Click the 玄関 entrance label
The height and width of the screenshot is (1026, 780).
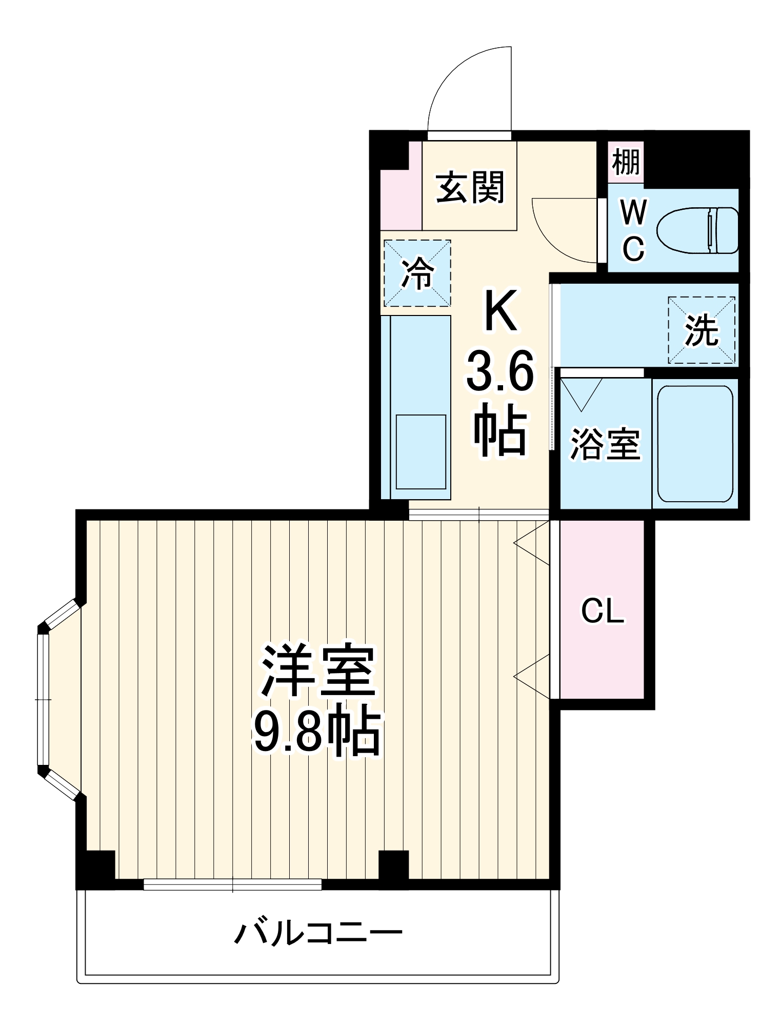point(470,188)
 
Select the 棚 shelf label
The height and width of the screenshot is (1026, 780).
point(626,161)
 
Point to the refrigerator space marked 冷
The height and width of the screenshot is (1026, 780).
point(417,273)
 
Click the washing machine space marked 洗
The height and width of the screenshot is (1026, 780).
point(701,330)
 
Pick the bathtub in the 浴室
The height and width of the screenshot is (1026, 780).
point(695,444)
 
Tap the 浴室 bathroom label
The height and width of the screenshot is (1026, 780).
point(605,444)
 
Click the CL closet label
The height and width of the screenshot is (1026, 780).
point(602,610)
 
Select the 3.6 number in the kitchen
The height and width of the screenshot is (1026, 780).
point(500,371)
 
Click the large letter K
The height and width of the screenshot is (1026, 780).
point(501,311)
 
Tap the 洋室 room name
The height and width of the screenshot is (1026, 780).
point(318,670)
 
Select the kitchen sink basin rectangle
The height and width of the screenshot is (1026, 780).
point(421,451)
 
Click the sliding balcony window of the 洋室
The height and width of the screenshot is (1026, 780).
point(232,884)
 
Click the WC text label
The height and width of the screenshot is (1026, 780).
point(633,230)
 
